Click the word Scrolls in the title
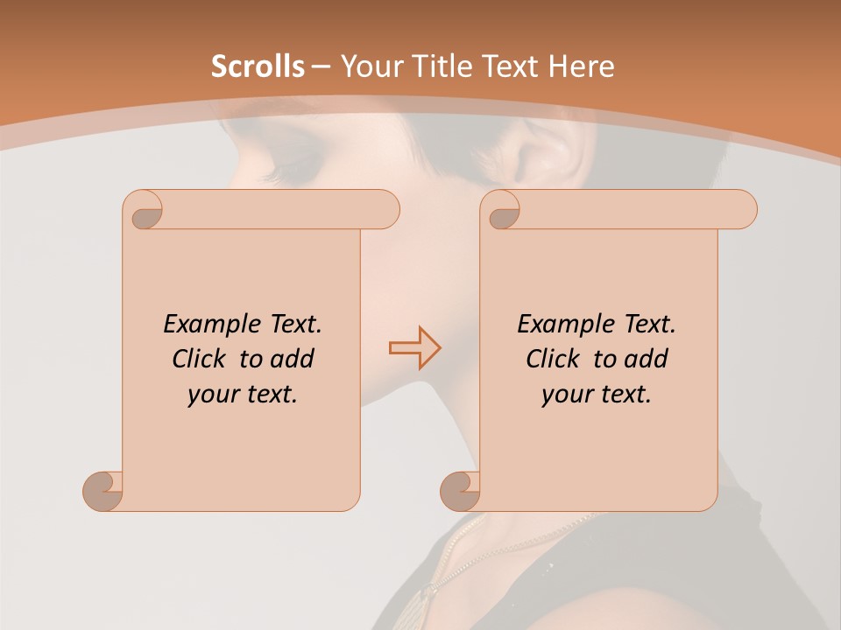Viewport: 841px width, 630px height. pos(258,66)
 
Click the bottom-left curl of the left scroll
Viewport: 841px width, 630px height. pos(102,490)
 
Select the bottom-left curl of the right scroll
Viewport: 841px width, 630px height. pos(460,490)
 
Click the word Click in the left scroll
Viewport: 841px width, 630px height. pos(200,359)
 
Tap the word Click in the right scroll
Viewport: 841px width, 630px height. pos(554,359)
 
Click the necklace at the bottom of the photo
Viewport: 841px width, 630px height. pos(456,551)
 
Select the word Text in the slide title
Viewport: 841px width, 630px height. pos(508,66)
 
